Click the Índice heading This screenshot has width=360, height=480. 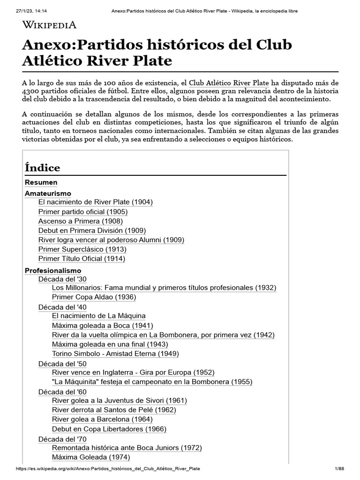click(x=42, y=167)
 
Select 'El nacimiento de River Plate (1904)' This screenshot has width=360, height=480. click(x=96, y=202)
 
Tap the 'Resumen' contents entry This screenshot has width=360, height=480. click(x=41, y=182)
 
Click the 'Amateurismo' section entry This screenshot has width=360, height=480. click(x=47, y=193)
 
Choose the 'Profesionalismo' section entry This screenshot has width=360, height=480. click(x=52, y=270)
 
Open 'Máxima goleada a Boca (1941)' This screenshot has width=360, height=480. click(x=103, y=325)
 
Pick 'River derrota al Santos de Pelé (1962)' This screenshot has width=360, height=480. click(x=114, y=410)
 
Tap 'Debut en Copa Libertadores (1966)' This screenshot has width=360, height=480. click(x=109, y=428)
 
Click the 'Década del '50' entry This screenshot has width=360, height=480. click(x=62, y=364)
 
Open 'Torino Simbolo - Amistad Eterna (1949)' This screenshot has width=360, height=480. click(x=115, y=353)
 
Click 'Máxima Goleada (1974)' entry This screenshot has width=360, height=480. click(x=91, y=457)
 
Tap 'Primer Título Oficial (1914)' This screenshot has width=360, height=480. click(x=82, y=258)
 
